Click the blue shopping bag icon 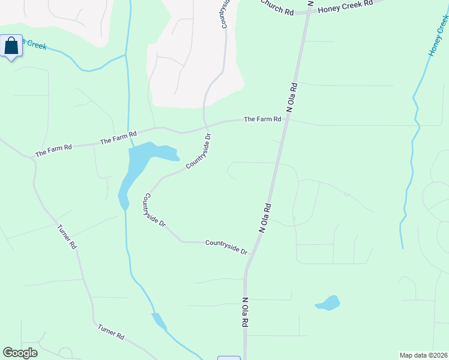tap(11, 46)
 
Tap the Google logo tap(20, 353)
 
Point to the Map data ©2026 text tap(424, 355)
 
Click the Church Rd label tap(277, 8)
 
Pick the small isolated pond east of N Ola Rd tap(328, 303)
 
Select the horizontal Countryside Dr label tap(226, 246)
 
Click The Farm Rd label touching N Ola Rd tap(262, 119)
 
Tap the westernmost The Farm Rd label tap(53, 149)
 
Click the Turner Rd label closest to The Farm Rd tap(67, 236)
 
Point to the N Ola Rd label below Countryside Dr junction tap(245, 311)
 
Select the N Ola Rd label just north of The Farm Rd tap(293, 98)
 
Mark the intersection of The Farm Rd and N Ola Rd tap(287, 119)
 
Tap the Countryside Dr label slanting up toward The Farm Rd tap(199, 151)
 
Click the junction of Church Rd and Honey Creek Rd tap(308, 11)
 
